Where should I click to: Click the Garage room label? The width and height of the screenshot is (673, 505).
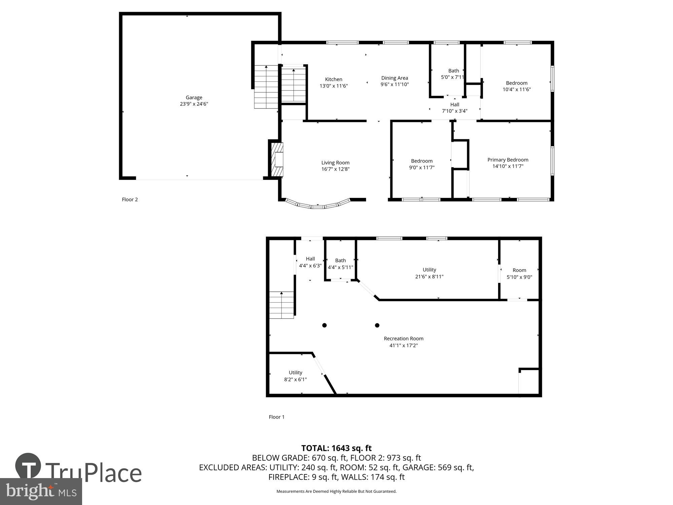point(194,98)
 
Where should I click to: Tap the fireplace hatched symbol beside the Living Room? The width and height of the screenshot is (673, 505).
point(277,160)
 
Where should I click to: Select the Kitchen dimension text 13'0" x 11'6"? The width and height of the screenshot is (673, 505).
point(333,86)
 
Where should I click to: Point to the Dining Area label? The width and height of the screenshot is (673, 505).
point(394,78)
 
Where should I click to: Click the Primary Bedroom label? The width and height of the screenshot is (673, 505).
point(508,160)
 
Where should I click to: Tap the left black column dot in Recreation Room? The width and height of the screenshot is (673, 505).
point(324,325)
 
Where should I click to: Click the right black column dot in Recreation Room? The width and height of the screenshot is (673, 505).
point(377,325)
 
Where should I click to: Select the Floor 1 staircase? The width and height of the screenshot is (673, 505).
point(282,305)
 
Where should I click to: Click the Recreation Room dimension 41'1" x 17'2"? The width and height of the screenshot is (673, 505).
point(403,345)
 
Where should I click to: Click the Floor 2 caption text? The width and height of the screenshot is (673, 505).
point(130,200)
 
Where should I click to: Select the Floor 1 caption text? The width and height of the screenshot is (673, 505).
point(277,417)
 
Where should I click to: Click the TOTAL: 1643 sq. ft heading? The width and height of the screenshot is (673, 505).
point(336,448)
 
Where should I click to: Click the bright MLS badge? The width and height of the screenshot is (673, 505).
point(41,492)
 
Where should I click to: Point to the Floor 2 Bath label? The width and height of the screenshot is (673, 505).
point(453,71)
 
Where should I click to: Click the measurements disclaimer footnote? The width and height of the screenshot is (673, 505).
point(336,492)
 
